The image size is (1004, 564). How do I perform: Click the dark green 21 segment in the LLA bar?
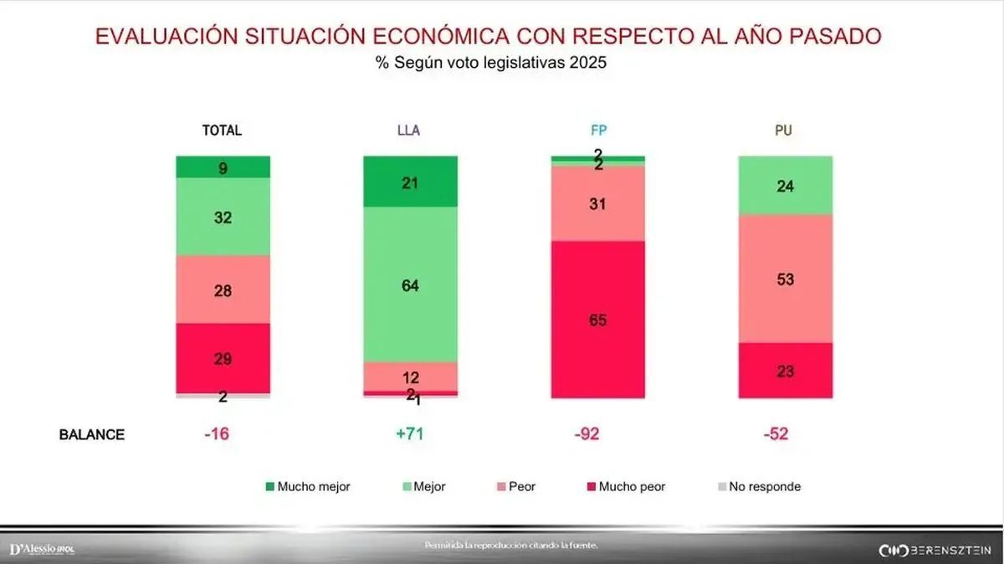point(410,182)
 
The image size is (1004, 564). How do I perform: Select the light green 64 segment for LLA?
point(410,285)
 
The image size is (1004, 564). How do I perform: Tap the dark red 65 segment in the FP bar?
point(597,319)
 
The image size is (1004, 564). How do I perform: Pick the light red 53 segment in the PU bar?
point(785,279)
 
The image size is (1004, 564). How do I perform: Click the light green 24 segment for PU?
point(785,186)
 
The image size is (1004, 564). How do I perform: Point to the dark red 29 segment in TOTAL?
point(223,358)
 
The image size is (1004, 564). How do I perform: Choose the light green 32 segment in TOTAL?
point(223,217)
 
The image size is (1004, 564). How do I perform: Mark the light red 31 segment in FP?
point(597,203)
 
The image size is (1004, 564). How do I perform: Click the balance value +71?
point(410,434)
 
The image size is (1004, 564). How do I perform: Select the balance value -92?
point(597,434)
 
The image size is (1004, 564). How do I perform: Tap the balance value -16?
point(223,434)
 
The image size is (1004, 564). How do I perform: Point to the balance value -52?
point(784,434)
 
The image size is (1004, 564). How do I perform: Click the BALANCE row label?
point(91,434)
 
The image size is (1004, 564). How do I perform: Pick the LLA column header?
point(409,131)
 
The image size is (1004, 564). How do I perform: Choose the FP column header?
point(597,131)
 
